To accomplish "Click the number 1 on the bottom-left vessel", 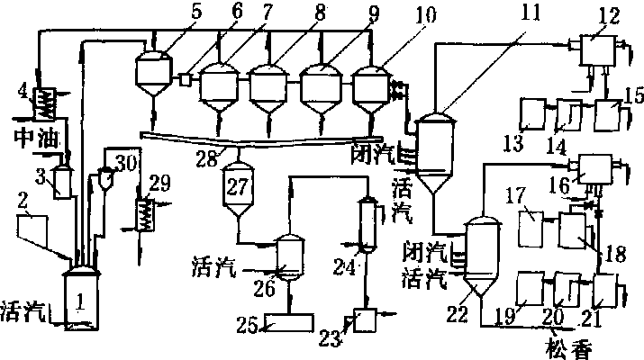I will pyautogui.click(x=80, y=304).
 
